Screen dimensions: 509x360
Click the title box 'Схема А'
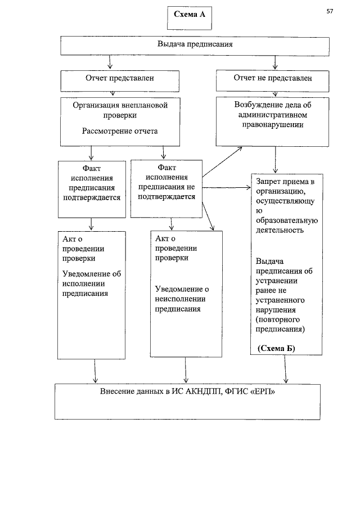point(190,16)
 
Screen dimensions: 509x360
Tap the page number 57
point(330,11)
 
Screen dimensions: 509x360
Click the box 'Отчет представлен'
point(119,78)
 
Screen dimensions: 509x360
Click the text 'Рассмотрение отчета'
point(120,131)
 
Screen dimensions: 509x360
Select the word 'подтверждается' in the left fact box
point(91,197)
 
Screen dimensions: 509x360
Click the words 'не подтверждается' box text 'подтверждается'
point(167,196)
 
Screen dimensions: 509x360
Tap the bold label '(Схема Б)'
point(276,348)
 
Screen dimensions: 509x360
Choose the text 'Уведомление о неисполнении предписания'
point(182,299)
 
